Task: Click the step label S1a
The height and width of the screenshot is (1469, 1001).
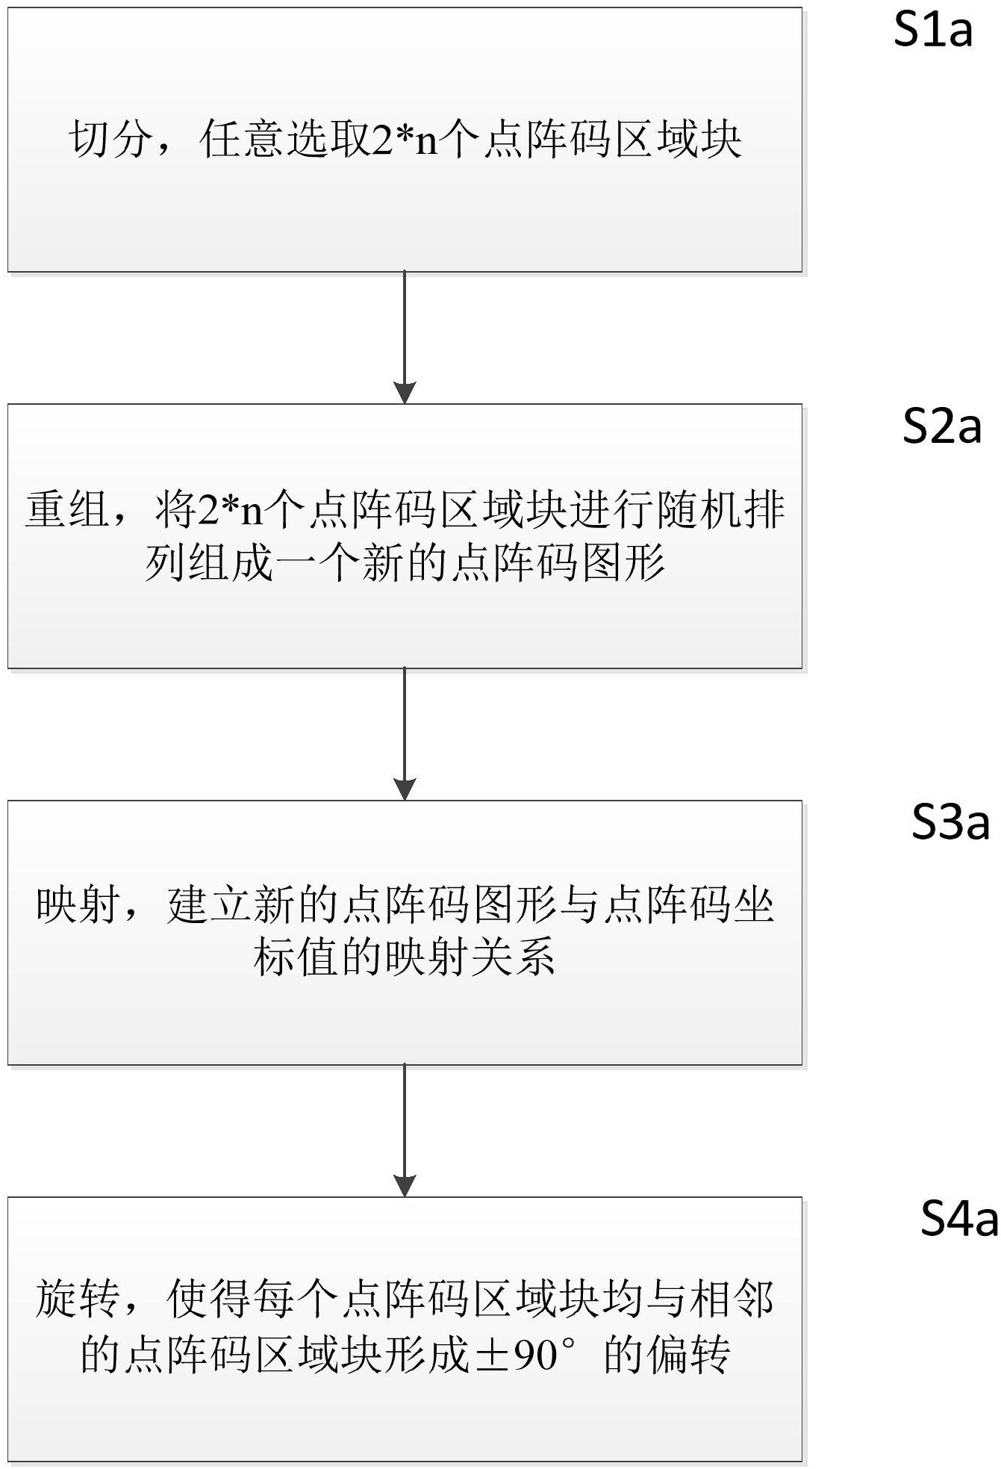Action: point(933,31)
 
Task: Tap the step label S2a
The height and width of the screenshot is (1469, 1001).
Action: point(942,427)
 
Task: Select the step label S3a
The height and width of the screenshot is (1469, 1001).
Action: point(951,822)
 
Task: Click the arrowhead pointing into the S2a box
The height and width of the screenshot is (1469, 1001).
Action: point(405,393)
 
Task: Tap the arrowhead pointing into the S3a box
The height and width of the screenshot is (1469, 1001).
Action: point(405,789)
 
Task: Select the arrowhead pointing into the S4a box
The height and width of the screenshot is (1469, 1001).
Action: point(405,1186)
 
